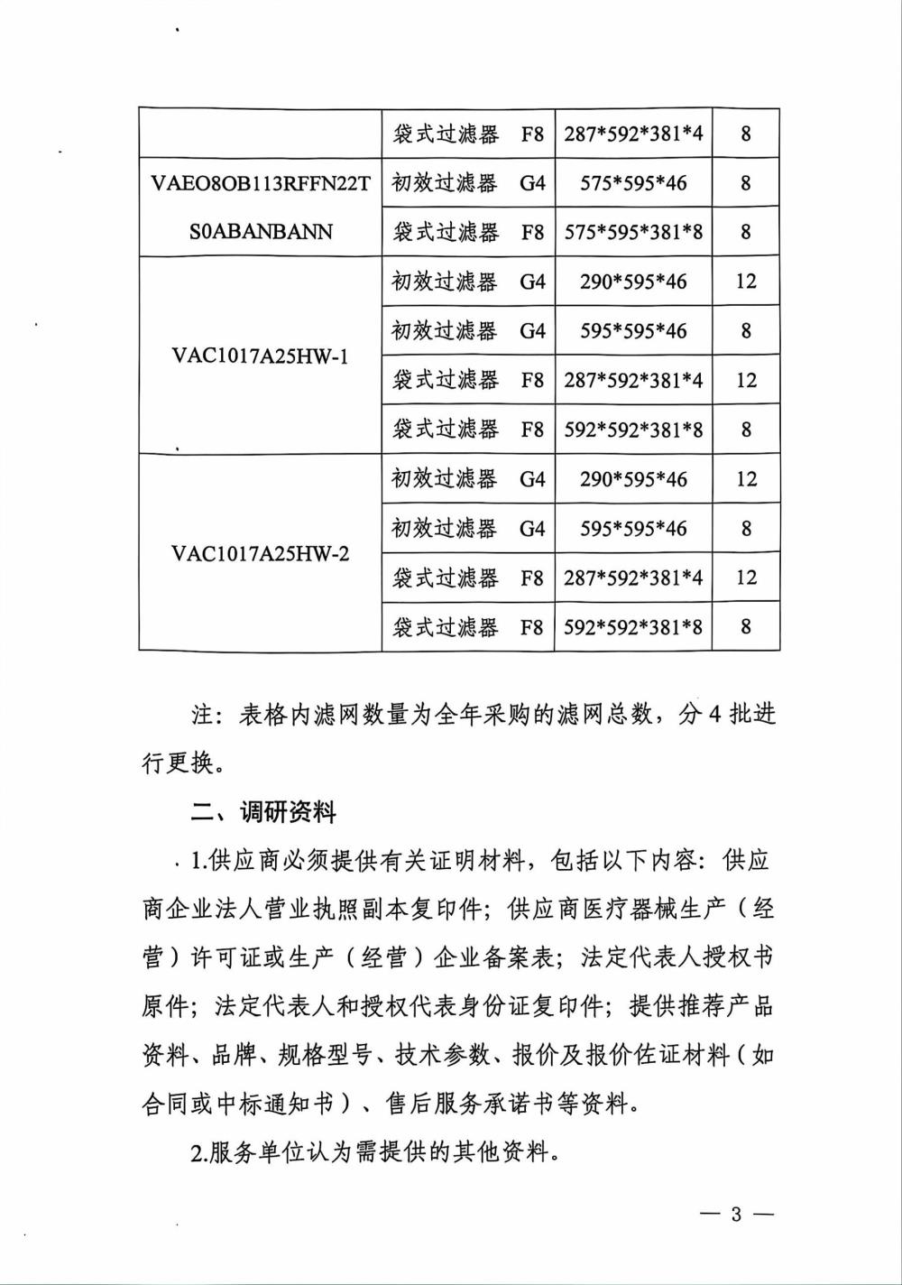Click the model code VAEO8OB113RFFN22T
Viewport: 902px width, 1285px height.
click(261, 183)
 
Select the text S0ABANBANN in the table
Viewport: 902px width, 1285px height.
click(261, 232)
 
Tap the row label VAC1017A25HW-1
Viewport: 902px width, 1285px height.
click(260, 356)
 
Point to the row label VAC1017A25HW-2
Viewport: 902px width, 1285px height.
click(260, 553)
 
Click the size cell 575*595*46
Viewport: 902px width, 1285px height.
click(633, 183)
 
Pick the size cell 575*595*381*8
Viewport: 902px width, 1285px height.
click(633, 232)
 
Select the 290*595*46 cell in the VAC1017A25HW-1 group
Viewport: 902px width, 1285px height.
click(633, 282)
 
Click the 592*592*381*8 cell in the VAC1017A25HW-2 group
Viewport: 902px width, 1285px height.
click(633, 626)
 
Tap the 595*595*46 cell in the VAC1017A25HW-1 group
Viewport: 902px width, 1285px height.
click(633, 331)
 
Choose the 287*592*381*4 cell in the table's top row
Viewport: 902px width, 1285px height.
click(633, 134)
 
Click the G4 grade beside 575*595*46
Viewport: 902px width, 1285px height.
click(532, 183)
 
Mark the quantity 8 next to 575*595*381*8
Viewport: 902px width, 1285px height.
click(746, 232)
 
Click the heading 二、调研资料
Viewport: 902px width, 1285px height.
click(263, 812)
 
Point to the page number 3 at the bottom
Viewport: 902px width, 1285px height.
click(736, 1215)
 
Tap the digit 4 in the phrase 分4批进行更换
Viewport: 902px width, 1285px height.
click(712, 716)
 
